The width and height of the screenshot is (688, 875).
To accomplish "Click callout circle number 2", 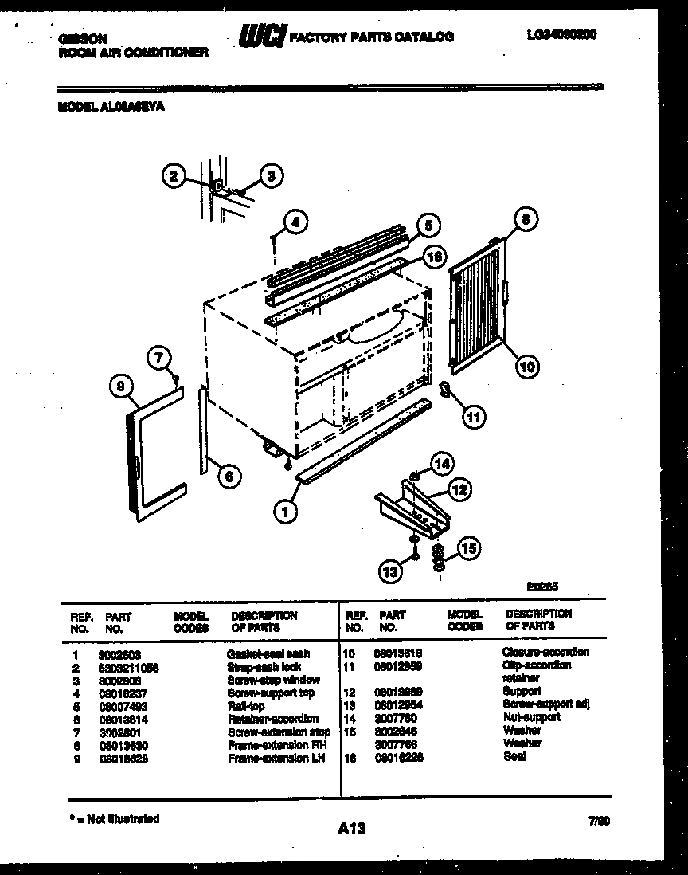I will point(174,176).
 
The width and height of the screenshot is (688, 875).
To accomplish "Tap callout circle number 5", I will point(428,226).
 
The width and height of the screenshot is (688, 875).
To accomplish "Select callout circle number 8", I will point(526,218).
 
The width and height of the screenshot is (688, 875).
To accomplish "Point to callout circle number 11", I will point(473,415).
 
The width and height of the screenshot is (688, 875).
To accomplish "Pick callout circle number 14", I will point(441,463).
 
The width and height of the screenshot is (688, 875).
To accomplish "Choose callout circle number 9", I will point(121,386).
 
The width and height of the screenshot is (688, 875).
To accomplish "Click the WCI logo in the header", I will point(263,37).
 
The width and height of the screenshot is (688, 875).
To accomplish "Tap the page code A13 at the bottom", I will point(350,829).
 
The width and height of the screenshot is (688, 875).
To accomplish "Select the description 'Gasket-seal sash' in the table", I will point(268,653).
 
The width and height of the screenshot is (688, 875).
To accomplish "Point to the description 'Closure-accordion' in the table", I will point(545,652).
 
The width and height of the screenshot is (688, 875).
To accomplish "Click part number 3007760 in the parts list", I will point(395,718).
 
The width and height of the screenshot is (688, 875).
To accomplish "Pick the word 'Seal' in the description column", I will point(514,757).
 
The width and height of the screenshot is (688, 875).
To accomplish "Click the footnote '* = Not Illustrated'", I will point(111,818).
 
